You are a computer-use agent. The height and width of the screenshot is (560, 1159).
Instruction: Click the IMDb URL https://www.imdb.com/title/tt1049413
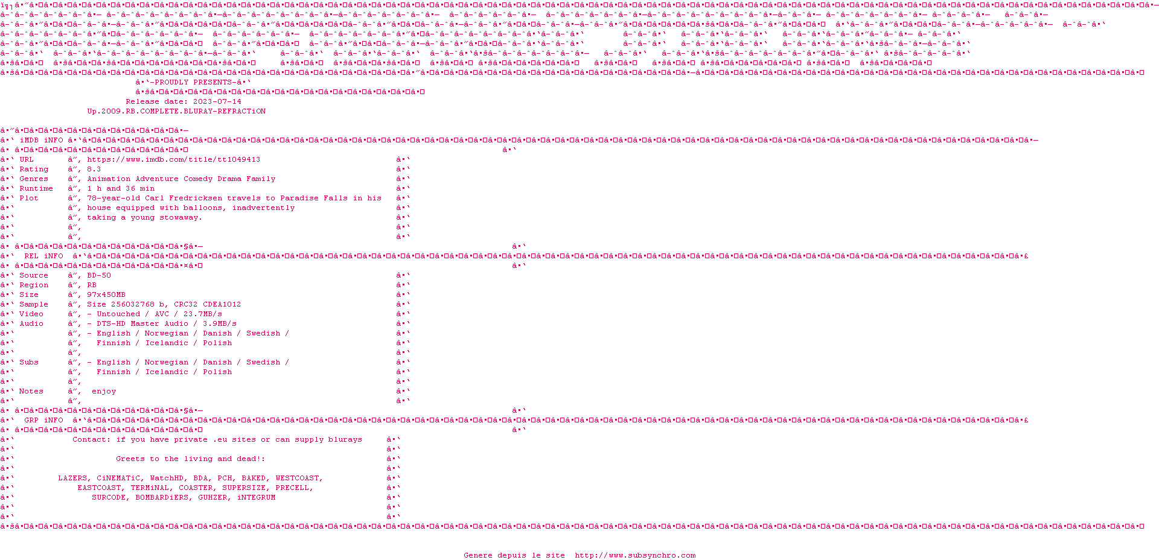(x=174, y=160)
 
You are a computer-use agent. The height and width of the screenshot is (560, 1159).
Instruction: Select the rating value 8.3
(x=94, y=170)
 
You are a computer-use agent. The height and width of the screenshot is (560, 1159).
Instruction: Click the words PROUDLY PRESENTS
(x=193, y=83)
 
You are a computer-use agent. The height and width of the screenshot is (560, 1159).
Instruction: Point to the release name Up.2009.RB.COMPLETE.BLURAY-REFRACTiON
(x=176, y=112)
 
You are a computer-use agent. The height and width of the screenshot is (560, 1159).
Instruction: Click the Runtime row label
(x=36, y=189)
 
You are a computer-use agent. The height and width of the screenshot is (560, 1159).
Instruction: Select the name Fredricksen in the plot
(x=198, y=199)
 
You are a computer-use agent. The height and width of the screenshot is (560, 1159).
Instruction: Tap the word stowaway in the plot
(x=181, y=218)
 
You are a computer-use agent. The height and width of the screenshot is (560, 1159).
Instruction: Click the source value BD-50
(x=99, y=276)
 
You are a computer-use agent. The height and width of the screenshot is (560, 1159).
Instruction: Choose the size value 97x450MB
(x=106, y=295)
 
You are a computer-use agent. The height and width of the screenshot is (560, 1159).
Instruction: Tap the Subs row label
(x=29, y=363)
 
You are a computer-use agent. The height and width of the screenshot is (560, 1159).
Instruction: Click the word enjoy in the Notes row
(x=104, y=392)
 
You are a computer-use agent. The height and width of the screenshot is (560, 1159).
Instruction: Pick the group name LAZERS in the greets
(x=72, y=479)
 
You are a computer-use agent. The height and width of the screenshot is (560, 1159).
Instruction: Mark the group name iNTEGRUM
(x=256, y=498)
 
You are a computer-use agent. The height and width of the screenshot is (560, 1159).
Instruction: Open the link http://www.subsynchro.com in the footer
(x=635, y=556)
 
